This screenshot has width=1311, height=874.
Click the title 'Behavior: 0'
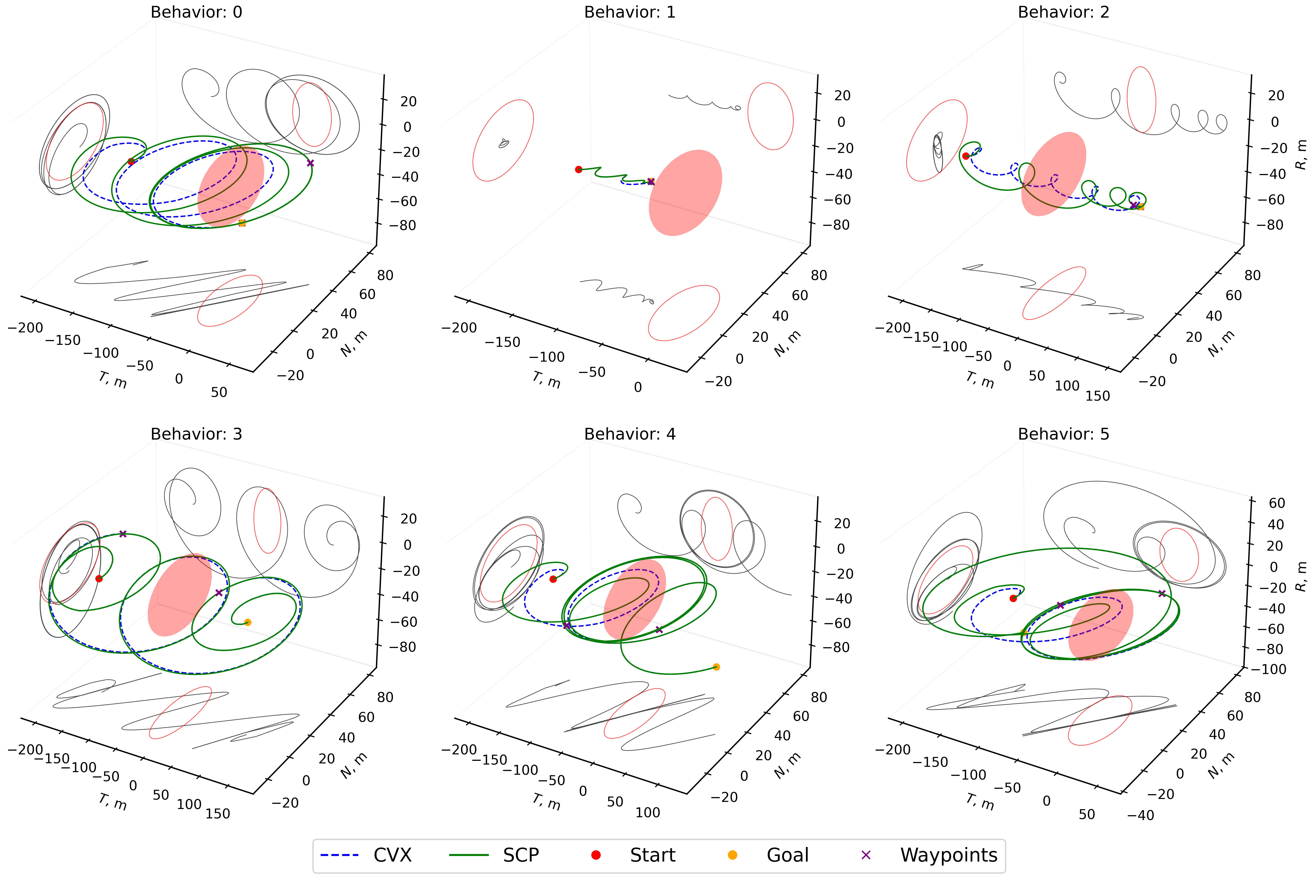[196, 12]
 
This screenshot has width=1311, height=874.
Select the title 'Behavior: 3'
[196, 434]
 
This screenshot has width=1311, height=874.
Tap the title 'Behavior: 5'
[1063, 434]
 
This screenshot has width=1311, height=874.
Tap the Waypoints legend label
[949, 855]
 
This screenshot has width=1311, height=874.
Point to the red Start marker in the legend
[596, 855]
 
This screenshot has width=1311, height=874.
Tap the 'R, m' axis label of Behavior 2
[1300, 154]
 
